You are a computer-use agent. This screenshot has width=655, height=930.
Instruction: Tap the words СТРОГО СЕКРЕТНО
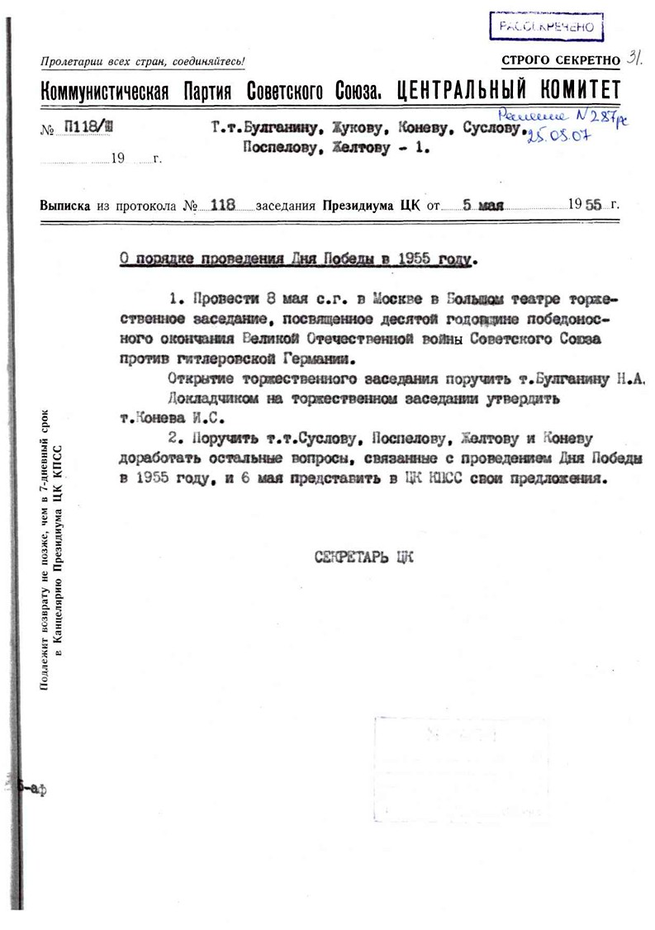click(x=560, y=60)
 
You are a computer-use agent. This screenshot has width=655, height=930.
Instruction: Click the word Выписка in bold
click(x=66, y=206)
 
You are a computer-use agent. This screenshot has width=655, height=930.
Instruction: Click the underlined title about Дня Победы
click(x=294, y=259)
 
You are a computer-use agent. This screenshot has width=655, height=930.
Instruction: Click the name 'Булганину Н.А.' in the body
click(x=583, y=379)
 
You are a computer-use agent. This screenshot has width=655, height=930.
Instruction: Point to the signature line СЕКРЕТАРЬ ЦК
click(x=363, y=557)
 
